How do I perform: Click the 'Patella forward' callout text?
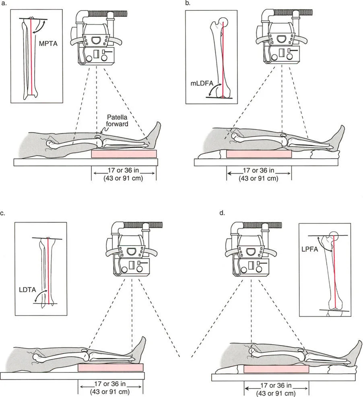pos(117,121)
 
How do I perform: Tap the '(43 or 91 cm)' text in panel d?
pos(276,393)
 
